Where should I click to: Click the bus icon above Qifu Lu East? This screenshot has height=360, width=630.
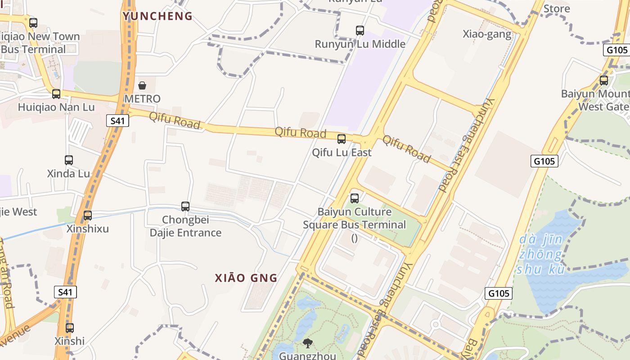pyautogui.click(x=342, y=139)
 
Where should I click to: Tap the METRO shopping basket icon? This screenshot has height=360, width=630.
pyautogui.click(x=142, y=85)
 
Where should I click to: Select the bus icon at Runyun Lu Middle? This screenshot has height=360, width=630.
pyautogui.click(x=360, y=31)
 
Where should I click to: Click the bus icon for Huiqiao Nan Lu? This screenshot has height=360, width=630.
pyautogui.click(x=56, y=94)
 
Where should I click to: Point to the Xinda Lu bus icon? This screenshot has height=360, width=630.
pyautogui.click(x=69, y=160)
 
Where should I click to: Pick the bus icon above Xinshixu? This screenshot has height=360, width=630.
pyautogui.click(x=88, y=215)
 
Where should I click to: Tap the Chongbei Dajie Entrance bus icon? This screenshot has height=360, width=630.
pyautogui.click(x=185, y=206)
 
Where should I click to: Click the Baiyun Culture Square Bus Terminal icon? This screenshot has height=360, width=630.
pyautogui.click(x=355, y=198)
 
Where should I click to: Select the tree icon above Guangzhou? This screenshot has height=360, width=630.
pyautogui.click(x=308, y=343)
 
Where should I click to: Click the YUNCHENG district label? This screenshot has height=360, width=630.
pyautogui.click(x=157, y=16)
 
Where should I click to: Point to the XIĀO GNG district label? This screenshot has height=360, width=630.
pyautogui.click(x=246, y=278)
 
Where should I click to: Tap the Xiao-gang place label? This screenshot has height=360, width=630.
pyautogui.click(x=487, y=34)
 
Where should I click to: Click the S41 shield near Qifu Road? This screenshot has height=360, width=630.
pyautogui.click(x=118, y=120)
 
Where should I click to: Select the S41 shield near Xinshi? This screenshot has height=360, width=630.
pyautogui.click(x=65, y=292)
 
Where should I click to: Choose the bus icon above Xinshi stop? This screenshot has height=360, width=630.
pyautogui.click(x=70, y=328)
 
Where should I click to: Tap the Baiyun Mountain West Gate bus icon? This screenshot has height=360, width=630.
pyautogui.click(x=604, y=81)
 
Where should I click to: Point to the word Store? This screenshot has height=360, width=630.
pyautogui.click(x=557, y=9)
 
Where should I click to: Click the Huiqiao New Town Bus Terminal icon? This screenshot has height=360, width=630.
pyautogui.click(x=33, y=22)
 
